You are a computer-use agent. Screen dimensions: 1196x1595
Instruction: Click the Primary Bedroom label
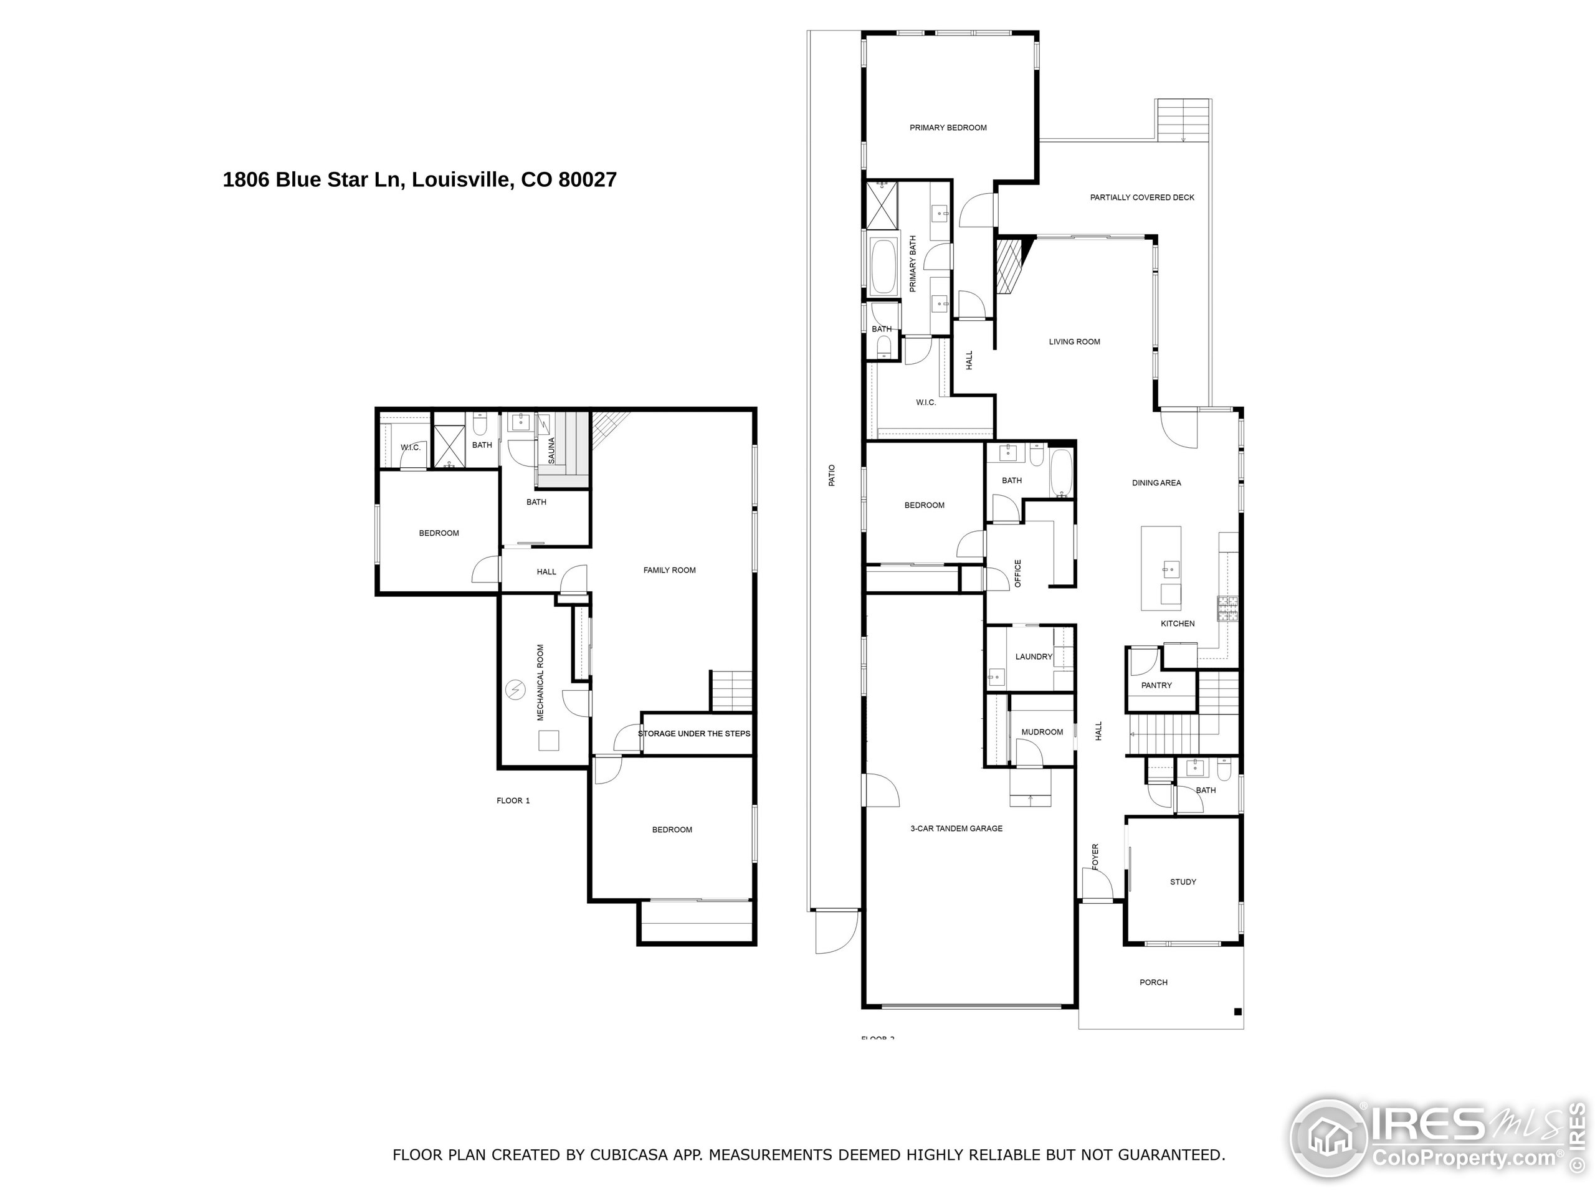coord(948,128)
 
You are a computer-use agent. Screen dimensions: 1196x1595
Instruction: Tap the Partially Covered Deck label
coord(1142,197)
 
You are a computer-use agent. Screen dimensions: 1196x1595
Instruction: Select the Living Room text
coord(1074,342)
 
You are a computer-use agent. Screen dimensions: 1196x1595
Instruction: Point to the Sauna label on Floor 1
coord(551,450)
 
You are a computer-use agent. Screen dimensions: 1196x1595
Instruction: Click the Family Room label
coord(669,570)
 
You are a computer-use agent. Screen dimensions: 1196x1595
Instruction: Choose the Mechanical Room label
coord(540,682)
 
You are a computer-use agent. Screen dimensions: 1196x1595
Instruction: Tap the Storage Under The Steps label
coord(693,734)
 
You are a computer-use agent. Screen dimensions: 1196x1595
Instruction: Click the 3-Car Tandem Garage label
coord(956,828)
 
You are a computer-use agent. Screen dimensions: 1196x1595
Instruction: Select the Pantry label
coord(1156,686)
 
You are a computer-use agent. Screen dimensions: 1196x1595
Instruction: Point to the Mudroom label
coord(1042,733)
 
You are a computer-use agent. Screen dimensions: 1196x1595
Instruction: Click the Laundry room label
coord(1033,657)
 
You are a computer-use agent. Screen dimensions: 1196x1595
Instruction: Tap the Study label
coord(1183,881)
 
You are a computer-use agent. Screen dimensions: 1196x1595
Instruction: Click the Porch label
coord(1153,982)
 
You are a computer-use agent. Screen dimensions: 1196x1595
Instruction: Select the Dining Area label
coord(1156,483)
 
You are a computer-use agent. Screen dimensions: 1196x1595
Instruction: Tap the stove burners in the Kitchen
coord(1227,608)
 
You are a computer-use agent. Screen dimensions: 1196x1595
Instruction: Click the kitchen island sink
coord(1169,569)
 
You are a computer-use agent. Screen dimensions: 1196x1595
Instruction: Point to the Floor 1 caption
coord(513,800)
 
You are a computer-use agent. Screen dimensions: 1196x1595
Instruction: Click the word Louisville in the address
coord(462,179)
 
